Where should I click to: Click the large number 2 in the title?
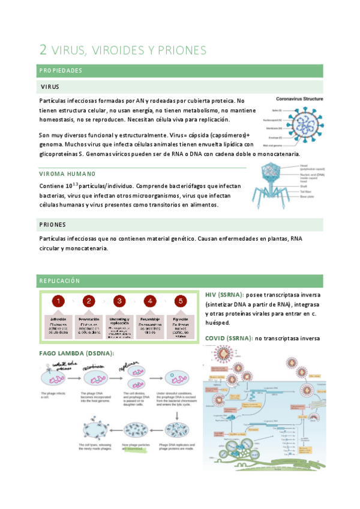point(43,49)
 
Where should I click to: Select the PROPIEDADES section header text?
point(61,71)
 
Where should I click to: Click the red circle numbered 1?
point(58,301)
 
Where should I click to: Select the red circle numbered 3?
point(119,301)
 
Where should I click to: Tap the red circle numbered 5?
point(179,301)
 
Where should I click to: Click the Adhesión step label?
point(58,319)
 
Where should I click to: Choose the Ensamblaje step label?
point(149,319)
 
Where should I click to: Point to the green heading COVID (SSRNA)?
point(228,339)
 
